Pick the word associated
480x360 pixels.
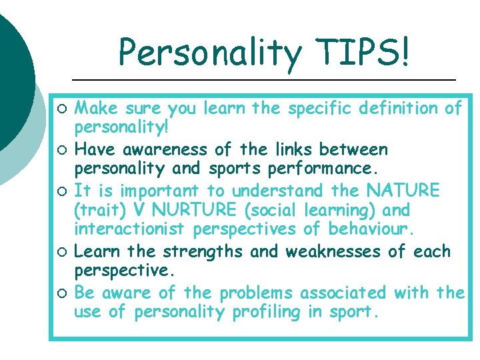click(344, 293)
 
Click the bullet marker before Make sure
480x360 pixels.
click(61, 109)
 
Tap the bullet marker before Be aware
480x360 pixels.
click(61, 293)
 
